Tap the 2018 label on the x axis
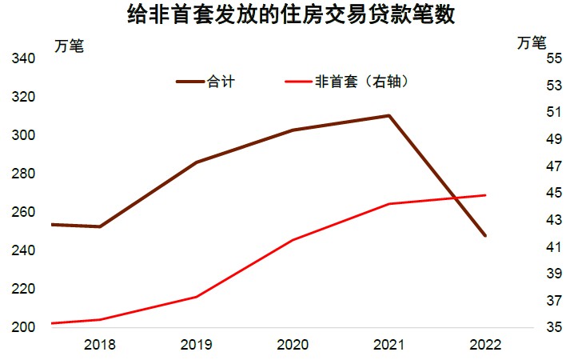point(99,345)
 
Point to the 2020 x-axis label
point(293,345)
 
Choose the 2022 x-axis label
point(485,345)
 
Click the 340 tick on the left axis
point(22,58)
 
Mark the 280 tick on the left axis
point(22,174)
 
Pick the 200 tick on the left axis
point(22,327)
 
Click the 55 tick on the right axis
point(554,58)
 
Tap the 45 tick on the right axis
point(554,193)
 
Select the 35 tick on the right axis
point(554,327)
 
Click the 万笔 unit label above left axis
point(69,46)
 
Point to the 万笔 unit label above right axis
point(532,41)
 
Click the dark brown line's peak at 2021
point(389,116)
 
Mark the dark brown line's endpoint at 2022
point(485,236)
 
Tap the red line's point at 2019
point(197,297)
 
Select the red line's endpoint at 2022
point(485,195)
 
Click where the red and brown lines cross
point(455,198)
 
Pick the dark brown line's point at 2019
point(197,162)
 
